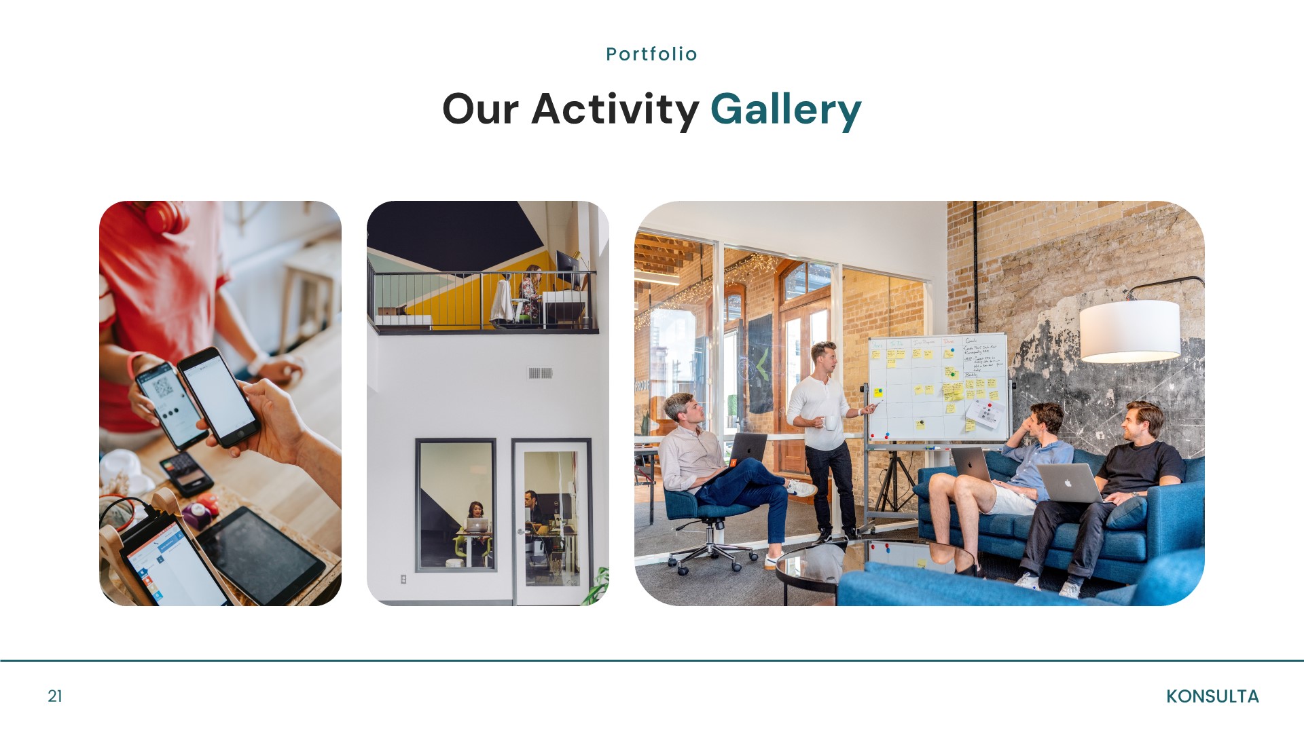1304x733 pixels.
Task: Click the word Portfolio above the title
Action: [651, 54]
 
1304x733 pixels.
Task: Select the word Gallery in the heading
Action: [786, 110]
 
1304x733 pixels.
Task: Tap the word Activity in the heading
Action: [615, 110]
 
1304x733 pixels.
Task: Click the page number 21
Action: [55, 696]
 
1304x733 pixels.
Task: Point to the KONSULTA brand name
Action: [1212, 696]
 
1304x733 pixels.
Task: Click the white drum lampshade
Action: [1129, 331]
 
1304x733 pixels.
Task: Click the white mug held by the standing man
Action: [830, 423]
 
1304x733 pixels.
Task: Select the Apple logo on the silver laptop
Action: [1067, 483]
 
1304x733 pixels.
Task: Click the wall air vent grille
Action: [540, 373]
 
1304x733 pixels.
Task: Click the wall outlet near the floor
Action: [403, 579]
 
